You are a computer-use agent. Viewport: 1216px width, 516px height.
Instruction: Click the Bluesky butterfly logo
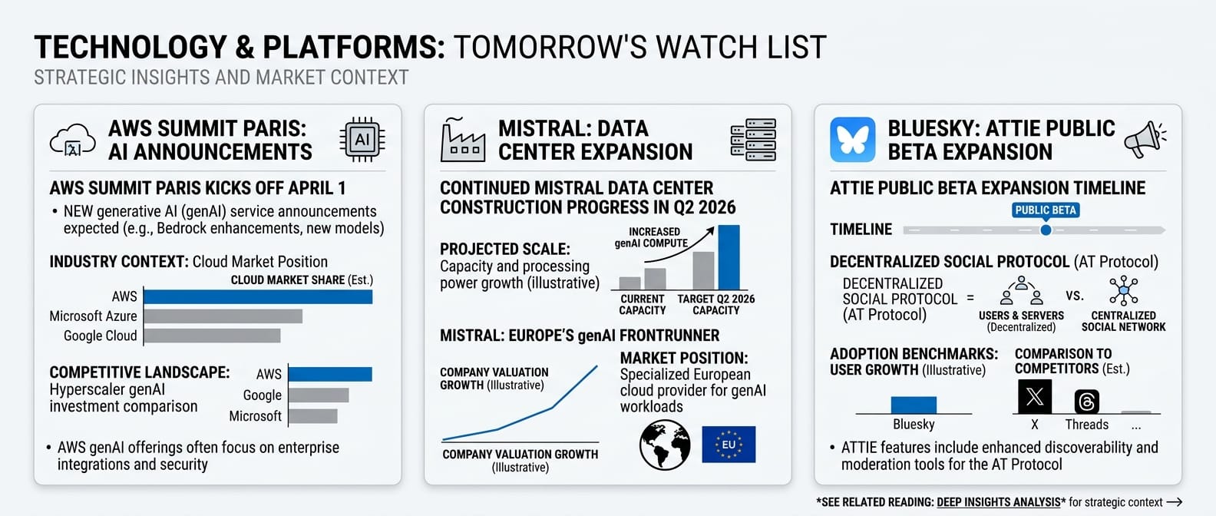tap(852, 140)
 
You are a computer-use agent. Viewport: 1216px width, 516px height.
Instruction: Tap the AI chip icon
tap(362, 141)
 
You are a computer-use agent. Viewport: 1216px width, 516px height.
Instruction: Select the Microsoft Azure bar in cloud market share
tap(223, 316)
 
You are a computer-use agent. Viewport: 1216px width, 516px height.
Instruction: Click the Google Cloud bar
tap(212, 336)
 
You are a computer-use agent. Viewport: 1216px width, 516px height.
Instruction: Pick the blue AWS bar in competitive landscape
tap(330, 374)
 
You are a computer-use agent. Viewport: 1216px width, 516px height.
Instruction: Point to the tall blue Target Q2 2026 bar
tap(729, 257)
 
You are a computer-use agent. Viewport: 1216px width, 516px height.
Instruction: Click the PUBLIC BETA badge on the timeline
tap(1046, 210)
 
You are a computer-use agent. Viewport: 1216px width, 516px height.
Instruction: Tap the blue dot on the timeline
tap(1046, 230)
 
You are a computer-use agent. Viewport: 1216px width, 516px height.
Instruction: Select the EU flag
tap(729, 445)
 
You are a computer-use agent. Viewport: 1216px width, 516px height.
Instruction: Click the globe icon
tap(665, 445)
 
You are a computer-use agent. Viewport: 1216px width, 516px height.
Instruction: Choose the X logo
tap(1035, 397)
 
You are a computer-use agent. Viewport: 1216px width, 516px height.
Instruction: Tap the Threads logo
tap(1087, 402)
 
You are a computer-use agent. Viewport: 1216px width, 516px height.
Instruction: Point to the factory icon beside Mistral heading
tap(462, 141)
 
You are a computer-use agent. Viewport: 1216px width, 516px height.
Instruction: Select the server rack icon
tap(753, 140)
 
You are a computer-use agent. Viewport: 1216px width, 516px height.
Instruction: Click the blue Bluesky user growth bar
tap(914, 405)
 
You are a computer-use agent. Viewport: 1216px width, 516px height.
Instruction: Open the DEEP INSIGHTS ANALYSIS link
tap(999, 502)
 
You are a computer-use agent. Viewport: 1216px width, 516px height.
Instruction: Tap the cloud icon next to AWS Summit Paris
tap(73, 141)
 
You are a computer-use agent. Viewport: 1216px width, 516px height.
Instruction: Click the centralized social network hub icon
tap(1124, 290)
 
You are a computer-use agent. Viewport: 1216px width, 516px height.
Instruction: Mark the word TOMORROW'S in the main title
tap(550, 48)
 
